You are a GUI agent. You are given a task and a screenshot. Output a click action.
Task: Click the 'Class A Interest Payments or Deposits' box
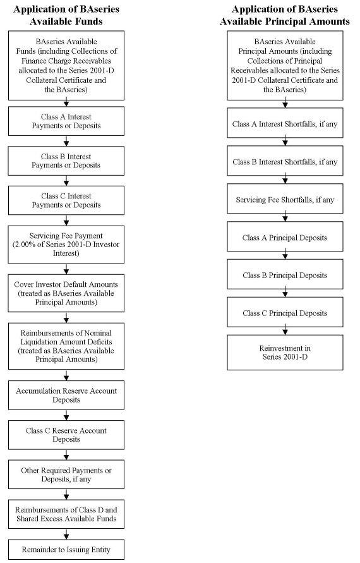pyautogui.click(x=66, y=121)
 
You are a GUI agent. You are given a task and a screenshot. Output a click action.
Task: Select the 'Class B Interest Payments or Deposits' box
pyautogui.click(x=66, y=161)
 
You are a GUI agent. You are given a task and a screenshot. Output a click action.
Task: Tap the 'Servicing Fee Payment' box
pyautogui.click(x=66, y=245)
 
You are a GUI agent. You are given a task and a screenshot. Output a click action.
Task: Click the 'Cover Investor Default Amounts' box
pyautogui.click(x=66, y=293)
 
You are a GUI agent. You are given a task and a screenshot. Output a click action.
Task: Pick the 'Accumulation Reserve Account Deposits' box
pyautogui.click(x=66, y=395)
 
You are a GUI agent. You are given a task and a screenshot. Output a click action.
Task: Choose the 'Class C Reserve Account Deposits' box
pyautogui.click(x=66, y=435)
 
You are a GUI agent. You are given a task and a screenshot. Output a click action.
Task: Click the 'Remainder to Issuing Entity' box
pyautogui.click(x=66, y=549)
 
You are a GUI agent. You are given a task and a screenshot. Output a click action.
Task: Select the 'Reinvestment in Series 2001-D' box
pyautogui.click(x=285, y=352)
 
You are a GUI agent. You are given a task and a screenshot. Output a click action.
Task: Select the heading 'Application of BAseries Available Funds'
pyautogui.click(x=66, y=15)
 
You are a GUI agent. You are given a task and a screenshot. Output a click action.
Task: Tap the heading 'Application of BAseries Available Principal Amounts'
pyautogui.click(x=285, y=15)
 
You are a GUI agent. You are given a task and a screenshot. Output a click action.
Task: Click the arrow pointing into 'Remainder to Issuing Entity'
pyautogui.click(x=66, y=534)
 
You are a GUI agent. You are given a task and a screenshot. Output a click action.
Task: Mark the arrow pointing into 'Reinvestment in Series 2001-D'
pyautogui.click(x=285, y=330)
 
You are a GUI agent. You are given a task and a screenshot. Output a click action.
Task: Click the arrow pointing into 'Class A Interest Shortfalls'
pyautogui.click(x=285, y=104)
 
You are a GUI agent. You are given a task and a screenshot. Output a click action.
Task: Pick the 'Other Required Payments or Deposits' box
pyautogui.click(x=66, y=475)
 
